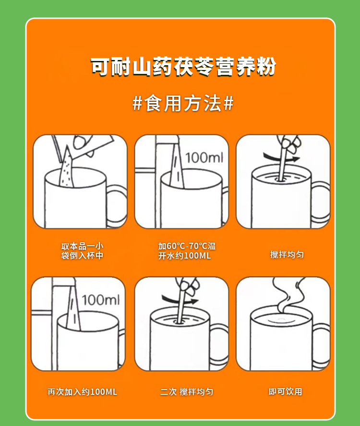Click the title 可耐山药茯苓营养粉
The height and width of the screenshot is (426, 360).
[x=183, y=67]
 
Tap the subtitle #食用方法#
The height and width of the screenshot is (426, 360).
[x=183, y=104]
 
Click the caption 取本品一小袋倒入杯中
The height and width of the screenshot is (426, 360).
[x=82, y=251]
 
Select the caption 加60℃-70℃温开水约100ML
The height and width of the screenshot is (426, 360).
[x=187, y=251]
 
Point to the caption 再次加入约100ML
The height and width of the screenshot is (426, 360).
[x=83, y=392]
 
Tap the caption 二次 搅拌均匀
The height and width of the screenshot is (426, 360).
[x=187, y=392]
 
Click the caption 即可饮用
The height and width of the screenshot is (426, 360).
[x=285, y=391]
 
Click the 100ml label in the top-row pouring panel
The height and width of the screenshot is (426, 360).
[x=204, y=158]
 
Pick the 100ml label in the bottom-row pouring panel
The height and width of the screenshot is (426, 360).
[x=101, y=300]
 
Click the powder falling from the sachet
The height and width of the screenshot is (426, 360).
[x=66, y=168]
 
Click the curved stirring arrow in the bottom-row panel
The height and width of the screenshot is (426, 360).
[x=180, y=300]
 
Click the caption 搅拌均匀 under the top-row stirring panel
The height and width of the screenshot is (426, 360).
[x=287, y=255]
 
